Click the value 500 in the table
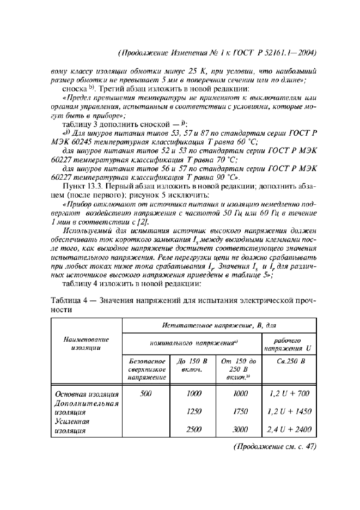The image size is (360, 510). [x=145, y=393]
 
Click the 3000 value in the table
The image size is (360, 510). [x=240, y=429]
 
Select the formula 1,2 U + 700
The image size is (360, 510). [x=289, y=393]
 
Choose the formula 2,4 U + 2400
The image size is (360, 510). [x=289, y=429]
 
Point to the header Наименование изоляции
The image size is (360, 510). [x=87, y=343]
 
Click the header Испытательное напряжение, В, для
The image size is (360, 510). [x=220, y=325]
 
